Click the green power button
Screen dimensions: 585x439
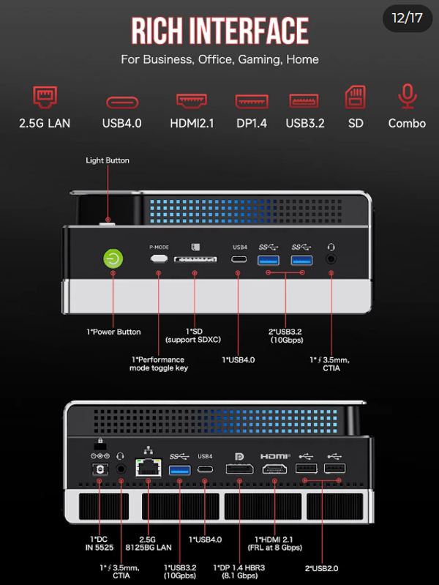pos(113,258)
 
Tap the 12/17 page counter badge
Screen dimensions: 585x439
pos(408,18)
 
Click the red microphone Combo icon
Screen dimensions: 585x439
pos(407,97)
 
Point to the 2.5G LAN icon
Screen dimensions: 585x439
pos(45,97)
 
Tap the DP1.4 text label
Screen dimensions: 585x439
pos(251,123)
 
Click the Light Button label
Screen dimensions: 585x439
pos(108,160)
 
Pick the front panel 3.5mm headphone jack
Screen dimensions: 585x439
pos(331,259)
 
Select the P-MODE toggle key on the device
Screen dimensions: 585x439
pos(159,259)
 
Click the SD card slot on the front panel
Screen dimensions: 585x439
pos(195,260)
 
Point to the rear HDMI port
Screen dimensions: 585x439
pos(275,469)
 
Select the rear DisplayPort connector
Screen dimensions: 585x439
pos(239,469)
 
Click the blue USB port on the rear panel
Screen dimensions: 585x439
pos(179,469)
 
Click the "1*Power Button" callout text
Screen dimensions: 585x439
pos(113,332)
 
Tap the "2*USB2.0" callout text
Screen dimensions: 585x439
pos(321,567)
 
